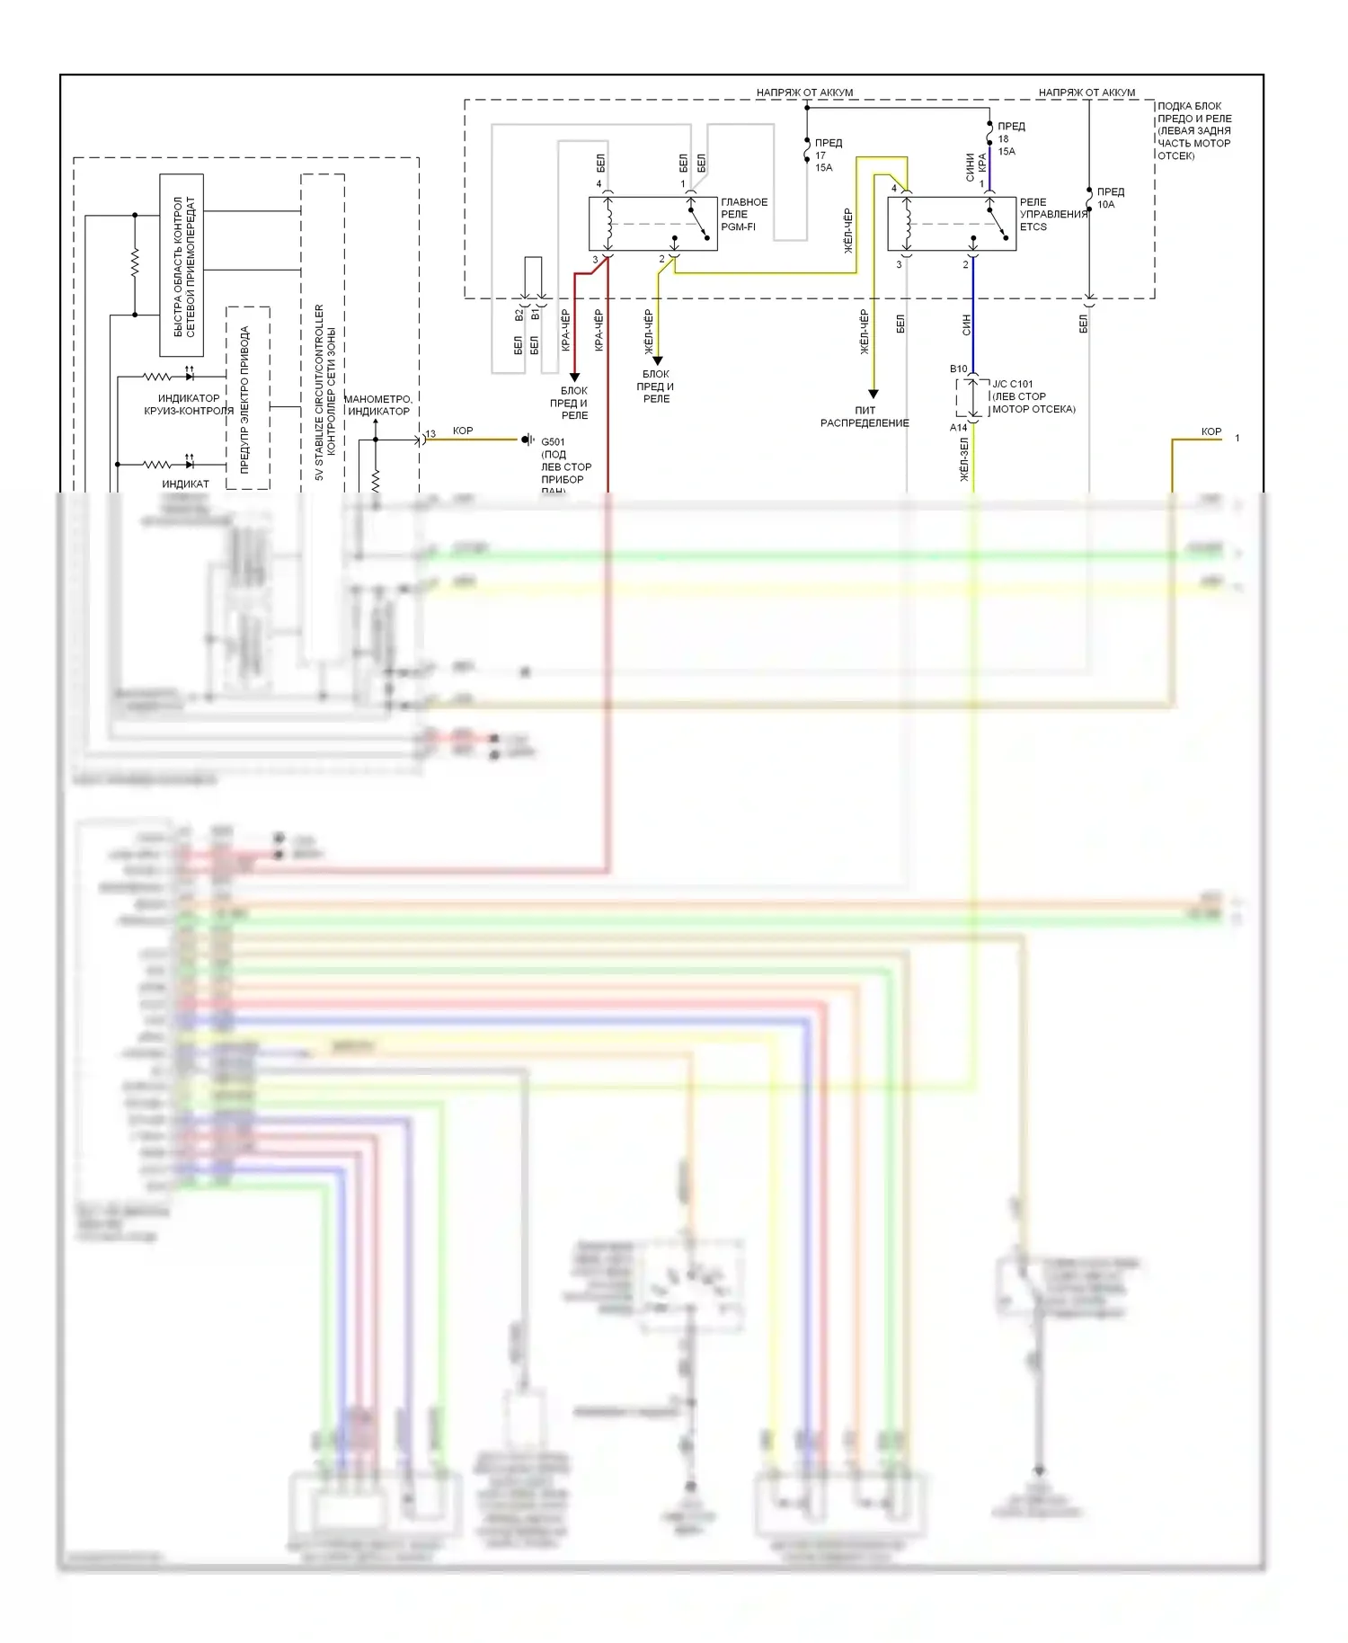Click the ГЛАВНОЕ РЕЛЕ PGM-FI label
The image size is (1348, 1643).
click(x=743, y=215)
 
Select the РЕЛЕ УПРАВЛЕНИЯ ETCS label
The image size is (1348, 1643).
click(x=1052, y=215)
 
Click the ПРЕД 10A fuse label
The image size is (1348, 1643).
click(x=1109, y=198)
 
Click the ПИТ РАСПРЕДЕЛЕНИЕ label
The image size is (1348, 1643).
click(x=865, y=416)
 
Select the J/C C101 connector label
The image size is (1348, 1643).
click(x=1033, y=396)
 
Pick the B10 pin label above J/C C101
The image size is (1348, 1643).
click(x=959, y=369)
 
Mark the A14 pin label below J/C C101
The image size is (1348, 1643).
click(x=959, y=428)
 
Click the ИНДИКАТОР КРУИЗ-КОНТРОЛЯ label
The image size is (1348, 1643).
click(x=189, y=404)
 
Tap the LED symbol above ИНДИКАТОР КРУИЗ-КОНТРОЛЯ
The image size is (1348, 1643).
click(x=189, y=376)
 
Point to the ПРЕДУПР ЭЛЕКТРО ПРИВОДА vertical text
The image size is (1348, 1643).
click(x=244, y=399)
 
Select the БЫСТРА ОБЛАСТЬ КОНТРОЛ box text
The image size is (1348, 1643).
click(x=183, y=266)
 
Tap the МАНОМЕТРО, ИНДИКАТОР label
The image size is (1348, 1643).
click(x=378, y=404)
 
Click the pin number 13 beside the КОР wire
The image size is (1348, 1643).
click(x=430, y=434)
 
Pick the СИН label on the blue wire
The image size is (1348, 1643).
click(x=966, y=324)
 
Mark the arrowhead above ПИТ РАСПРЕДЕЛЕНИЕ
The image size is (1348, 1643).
click(x=872, y=393)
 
